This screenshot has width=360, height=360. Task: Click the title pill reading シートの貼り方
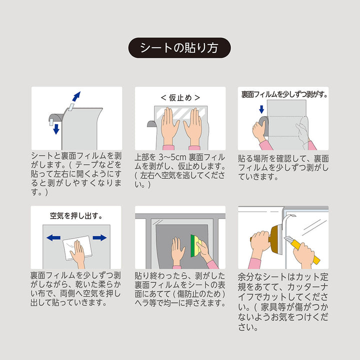point(180,48)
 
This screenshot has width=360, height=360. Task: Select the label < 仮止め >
point(180,97)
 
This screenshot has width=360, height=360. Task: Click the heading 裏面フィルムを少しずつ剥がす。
point(283,94)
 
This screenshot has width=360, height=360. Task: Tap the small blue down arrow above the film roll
point(261,109)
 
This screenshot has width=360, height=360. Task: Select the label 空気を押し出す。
point(76,216)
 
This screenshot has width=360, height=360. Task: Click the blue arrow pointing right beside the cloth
point(99,237)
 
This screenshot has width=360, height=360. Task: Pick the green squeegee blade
point(193,244)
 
